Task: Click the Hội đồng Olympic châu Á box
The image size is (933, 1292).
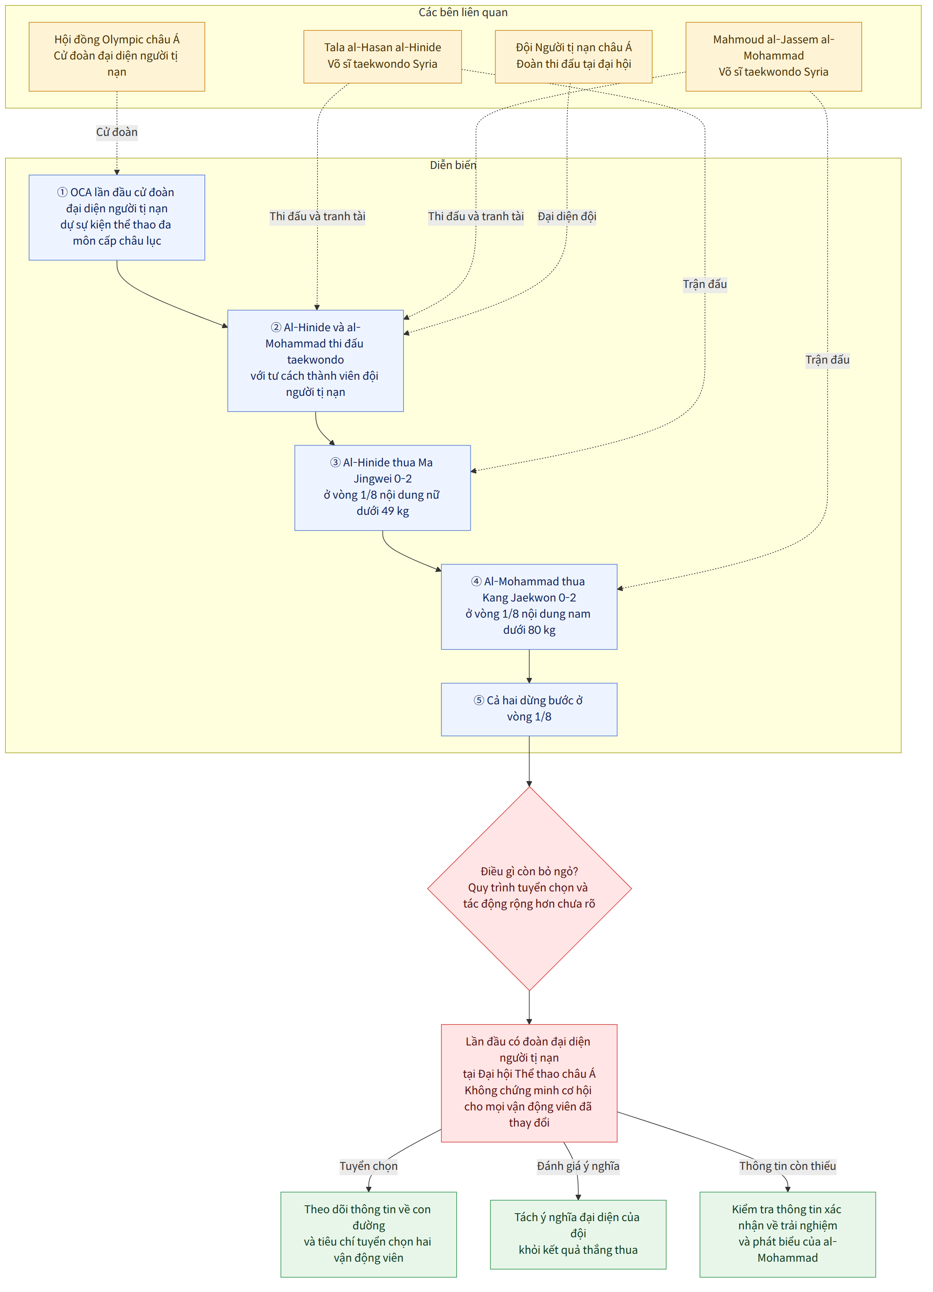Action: (117, 56)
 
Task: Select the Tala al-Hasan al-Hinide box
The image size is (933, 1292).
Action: (383, 56)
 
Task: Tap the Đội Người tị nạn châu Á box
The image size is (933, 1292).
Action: (573, 56)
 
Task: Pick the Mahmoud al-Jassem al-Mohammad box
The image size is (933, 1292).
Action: (773, 56)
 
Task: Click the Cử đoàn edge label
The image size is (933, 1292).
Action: (117, 132)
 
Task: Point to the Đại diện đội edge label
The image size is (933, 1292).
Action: (567, 217)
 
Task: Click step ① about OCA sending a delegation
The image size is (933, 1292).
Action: (117, 217)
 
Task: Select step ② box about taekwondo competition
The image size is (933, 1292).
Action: (316, 360)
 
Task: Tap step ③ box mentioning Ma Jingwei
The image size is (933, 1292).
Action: (383, 487)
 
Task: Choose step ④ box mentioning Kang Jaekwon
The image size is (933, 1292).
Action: (529, 606)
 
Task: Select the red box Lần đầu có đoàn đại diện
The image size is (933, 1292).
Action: (529, 1082)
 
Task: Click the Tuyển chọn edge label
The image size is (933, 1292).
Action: (369, 1166)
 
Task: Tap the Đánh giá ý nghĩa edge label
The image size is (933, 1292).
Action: (578, 1166)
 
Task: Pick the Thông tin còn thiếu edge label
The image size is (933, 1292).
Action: (788, 1166)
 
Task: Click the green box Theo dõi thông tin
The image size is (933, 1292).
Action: (369, 1234)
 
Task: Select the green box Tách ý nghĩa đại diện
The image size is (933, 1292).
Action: (578, 1234)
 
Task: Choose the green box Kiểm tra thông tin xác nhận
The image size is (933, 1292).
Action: (788, 1234)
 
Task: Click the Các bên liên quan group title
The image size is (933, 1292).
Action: (463, 13)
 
